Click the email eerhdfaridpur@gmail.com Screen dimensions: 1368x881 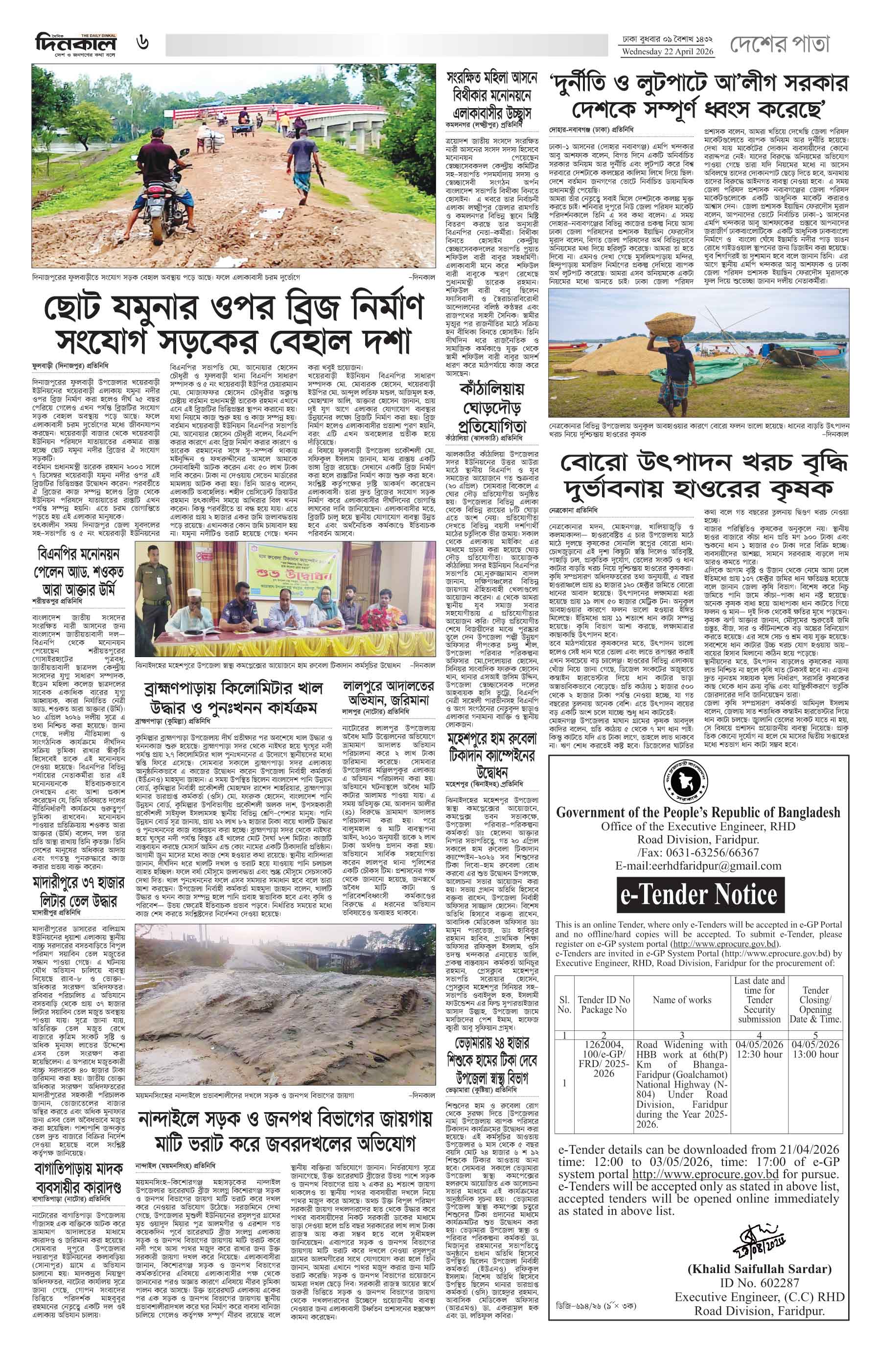tap(698, 866)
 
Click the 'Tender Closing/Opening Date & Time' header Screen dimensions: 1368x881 tap(815, 1004)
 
